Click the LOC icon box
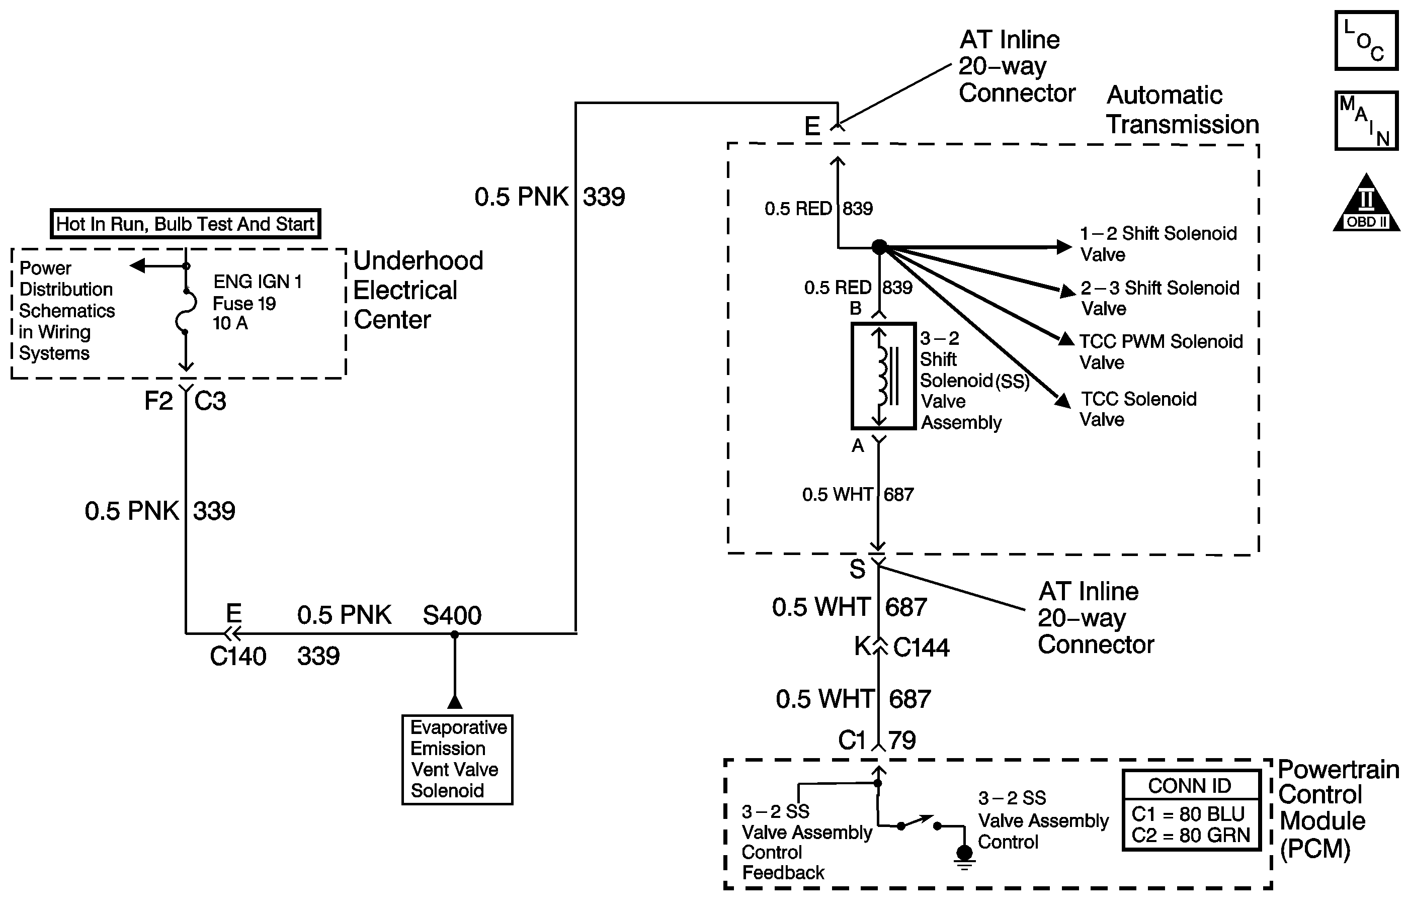(x=1366, y=41)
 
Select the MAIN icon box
(x=1366, y=121)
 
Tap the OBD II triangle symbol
(x=1366, y=202)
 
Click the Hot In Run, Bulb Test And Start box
(x=185, y=224)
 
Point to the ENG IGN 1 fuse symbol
(x=186, y=311)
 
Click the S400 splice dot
(x=454, y=634)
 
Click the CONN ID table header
(x=1190, y=786)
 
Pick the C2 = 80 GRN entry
(x=1191, y=836)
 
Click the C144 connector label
(x=921, y=648)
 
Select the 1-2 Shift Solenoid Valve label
(x=1158, y=243)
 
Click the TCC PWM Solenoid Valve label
(x=1161, y=351)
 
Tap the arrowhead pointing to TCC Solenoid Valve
(x=1063, y=401)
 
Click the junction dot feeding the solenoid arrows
(x=880, y=247)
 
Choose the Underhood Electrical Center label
(x=418, y=290)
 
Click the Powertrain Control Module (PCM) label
(x=1339, y=809)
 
